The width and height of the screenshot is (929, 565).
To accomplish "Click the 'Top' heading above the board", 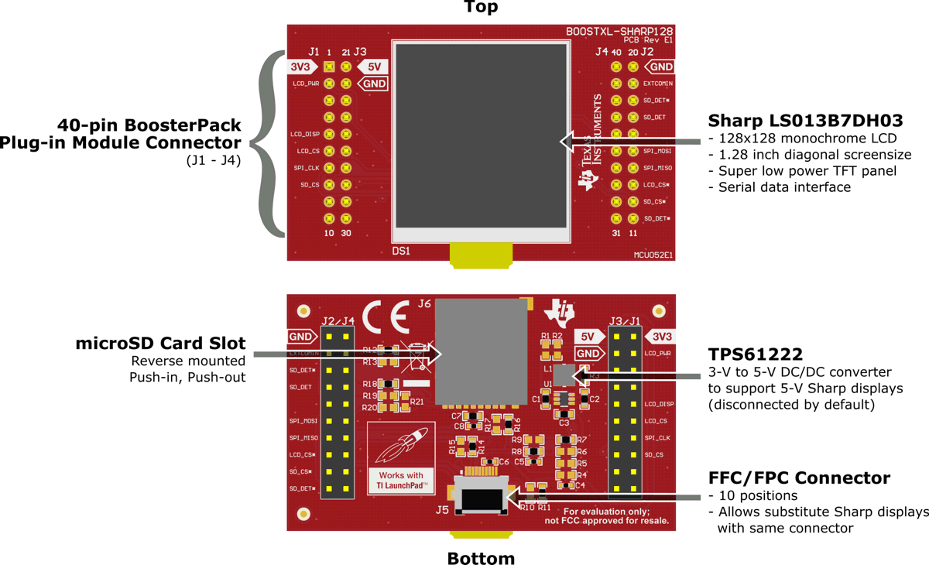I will point(481,8).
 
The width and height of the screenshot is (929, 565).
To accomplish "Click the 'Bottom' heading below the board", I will point(481,557).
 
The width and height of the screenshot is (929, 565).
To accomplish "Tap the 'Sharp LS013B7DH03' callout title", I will point(805,121).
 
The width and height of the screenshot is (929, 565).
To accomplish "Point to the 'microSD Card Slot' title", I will point(160,344).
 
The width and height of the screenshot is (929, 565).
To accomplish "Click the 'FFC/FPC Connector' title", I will point(799,478).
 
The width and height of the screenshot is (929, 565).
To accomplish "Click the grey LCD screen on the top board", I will point(482,135).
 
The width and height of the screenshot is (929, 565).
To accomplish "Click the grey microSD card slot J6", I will point(480,352).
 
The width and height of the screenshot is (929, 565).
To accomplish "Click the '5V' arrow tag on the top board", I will point(372,67).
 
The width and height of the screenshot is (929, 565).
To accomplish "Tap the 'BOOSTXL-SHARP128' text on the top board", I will point(619,32).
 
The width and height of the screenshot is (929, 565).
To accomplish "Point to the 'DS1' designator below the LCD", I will point(401,251).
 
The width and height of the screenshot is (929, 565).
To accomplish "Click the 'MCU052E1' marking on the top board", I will point(653,253).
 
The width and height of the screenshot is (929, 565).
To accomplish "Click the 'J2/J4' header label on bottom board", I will point(338,320).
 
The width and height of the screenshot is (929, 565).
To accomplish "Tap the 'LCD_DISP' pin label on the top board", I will point(306,135).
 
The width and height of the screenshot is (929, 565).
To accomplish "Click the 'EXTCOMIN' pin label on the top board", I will point(657,84).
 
